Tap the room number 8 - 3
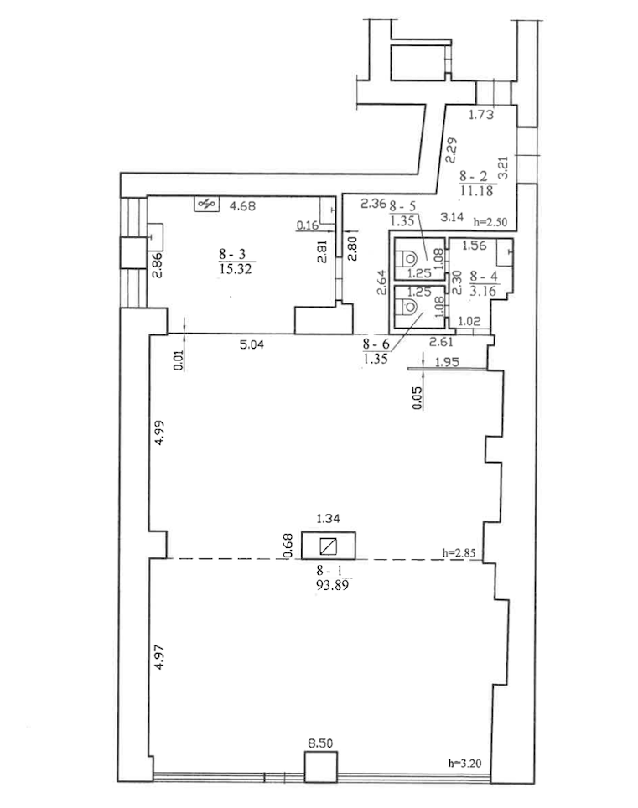point(232,252)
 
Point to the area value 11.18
point(476,191)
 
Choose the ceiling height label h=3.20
point(466,764)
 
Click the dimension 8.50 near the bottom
point(320,743)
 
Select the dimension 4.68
point(243,204)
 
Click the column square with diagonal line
point(328,547)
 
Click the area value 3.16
point(485,291)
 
